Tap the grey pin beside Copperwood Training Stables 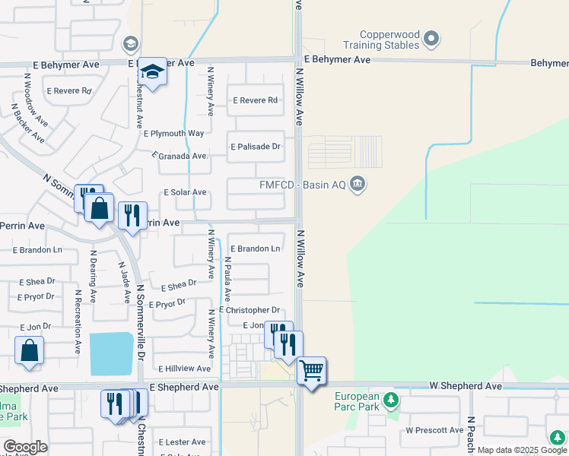432,37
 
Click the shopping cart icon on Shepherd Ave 311,371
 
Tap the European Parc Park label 357,401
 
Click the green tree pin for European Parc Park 390,400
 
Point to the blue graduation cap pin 152,73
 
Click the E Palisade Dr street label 256,146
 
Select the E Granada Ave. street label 180,156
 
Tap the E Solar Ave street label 185,193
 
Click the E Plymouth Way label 174,133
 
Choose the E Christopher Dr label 250,310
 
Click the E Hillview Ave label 184,369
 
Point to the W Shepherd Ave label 464,387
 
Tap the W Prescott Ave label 434,430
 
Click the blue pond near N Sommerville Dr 111,353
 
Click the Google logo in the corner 25,447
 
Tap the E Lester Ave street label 182,442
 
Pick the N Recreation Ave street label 78,320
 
